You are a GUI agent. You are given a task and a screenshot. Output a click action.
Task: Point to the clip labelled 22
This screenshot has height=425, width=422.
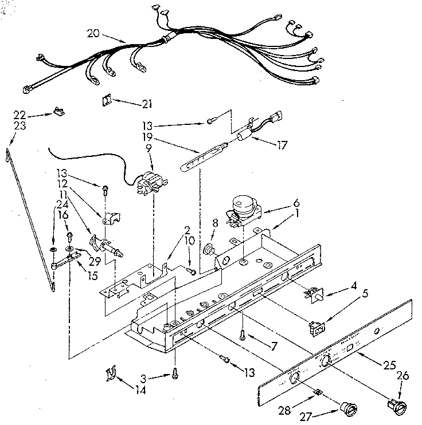coord(58,112)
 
